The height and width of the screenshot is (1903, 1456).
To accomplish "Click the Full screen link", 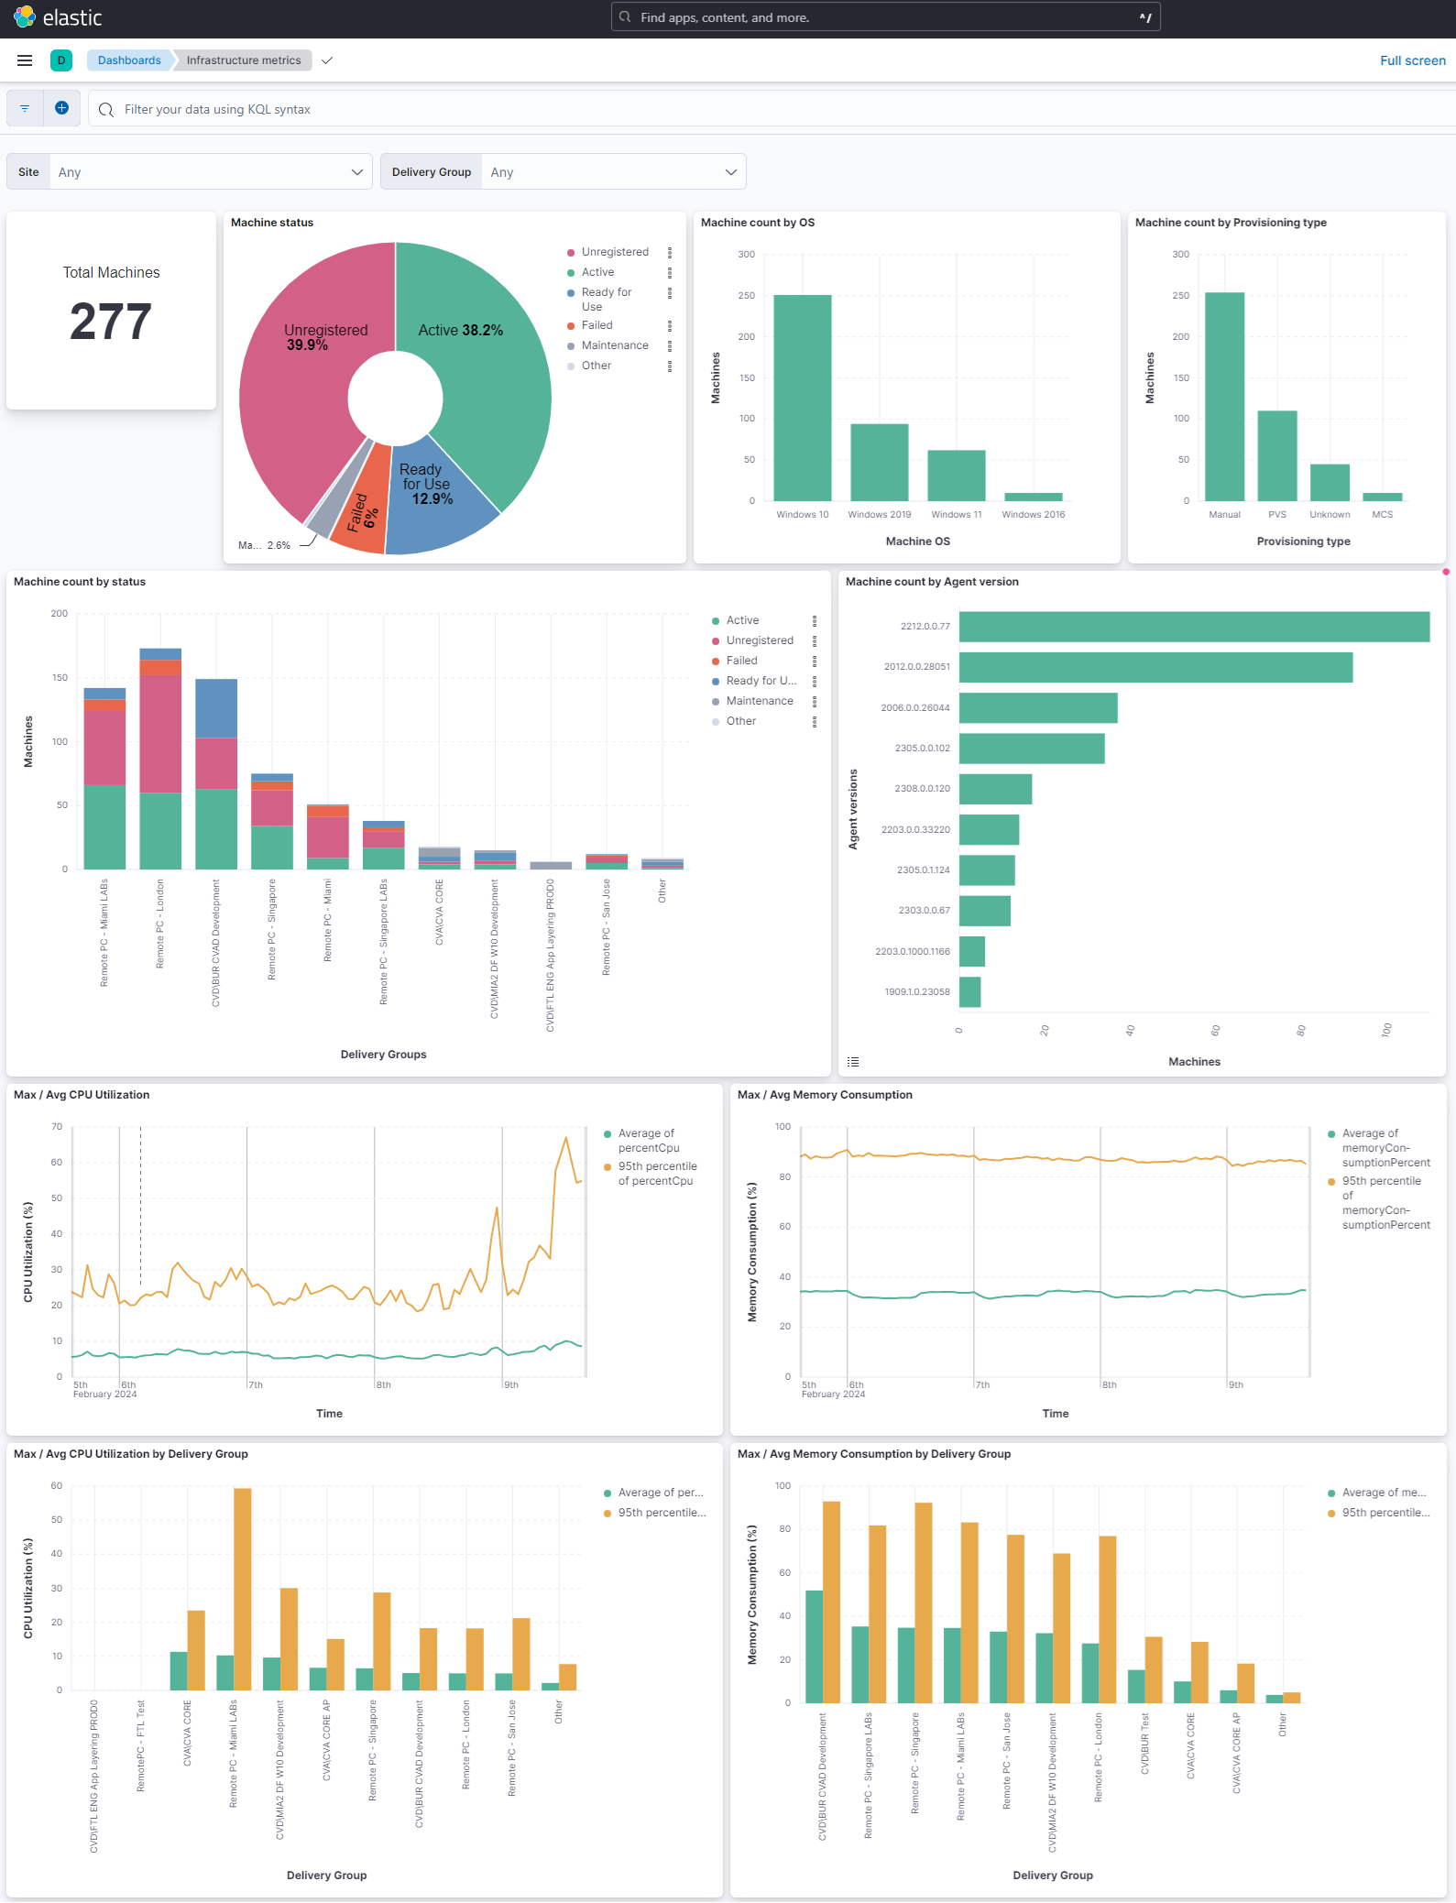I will [1412, 60].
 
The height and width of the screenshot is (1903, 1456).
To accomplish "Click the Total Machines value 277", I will [111, 322].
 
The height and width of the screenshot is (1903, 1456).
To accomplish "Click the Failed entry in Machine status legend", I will [597, 325].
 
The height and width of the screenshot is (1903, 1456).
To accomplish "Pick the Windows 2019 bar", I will [879, 462].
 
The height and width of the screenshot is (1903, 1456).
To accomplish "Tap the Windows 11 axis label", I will [956, 515].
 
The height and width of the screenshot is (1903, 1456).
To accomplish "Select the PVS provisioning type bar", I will [1276, 455].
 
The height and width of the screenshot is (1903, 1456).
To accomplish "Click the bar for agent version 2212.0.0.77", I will [1193, 627].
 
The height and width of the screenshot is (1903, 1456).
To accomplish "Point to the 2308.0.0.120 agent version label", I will [922, 789].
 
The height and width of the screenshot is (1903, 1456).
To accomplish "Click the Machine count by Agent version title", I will [931, 582].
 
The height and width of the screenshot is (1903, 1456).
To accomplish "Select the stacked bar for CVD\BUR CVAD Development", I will [216, 774].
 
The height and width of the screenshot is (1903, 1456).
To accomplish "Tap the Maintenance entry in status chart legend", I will [759, 701].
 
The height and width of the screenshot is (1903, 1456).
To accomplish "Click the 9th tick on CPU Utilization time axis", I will [511, 1385].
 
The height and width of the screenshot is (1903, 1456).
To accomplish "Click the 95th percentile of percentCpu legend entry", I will [656, 1174].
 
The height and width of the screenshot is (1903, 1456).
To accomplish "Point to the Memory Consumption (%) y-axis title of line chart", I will [752, 1252].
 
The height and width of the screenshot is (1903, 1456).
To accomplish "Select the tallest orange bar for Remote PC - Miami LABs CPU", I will [243, 1589].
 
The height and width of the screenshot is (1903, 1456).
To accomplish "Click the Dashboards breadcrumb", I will [129, 60].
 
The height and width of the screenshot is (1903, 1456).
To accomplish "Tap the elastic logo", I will [58, 17].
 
